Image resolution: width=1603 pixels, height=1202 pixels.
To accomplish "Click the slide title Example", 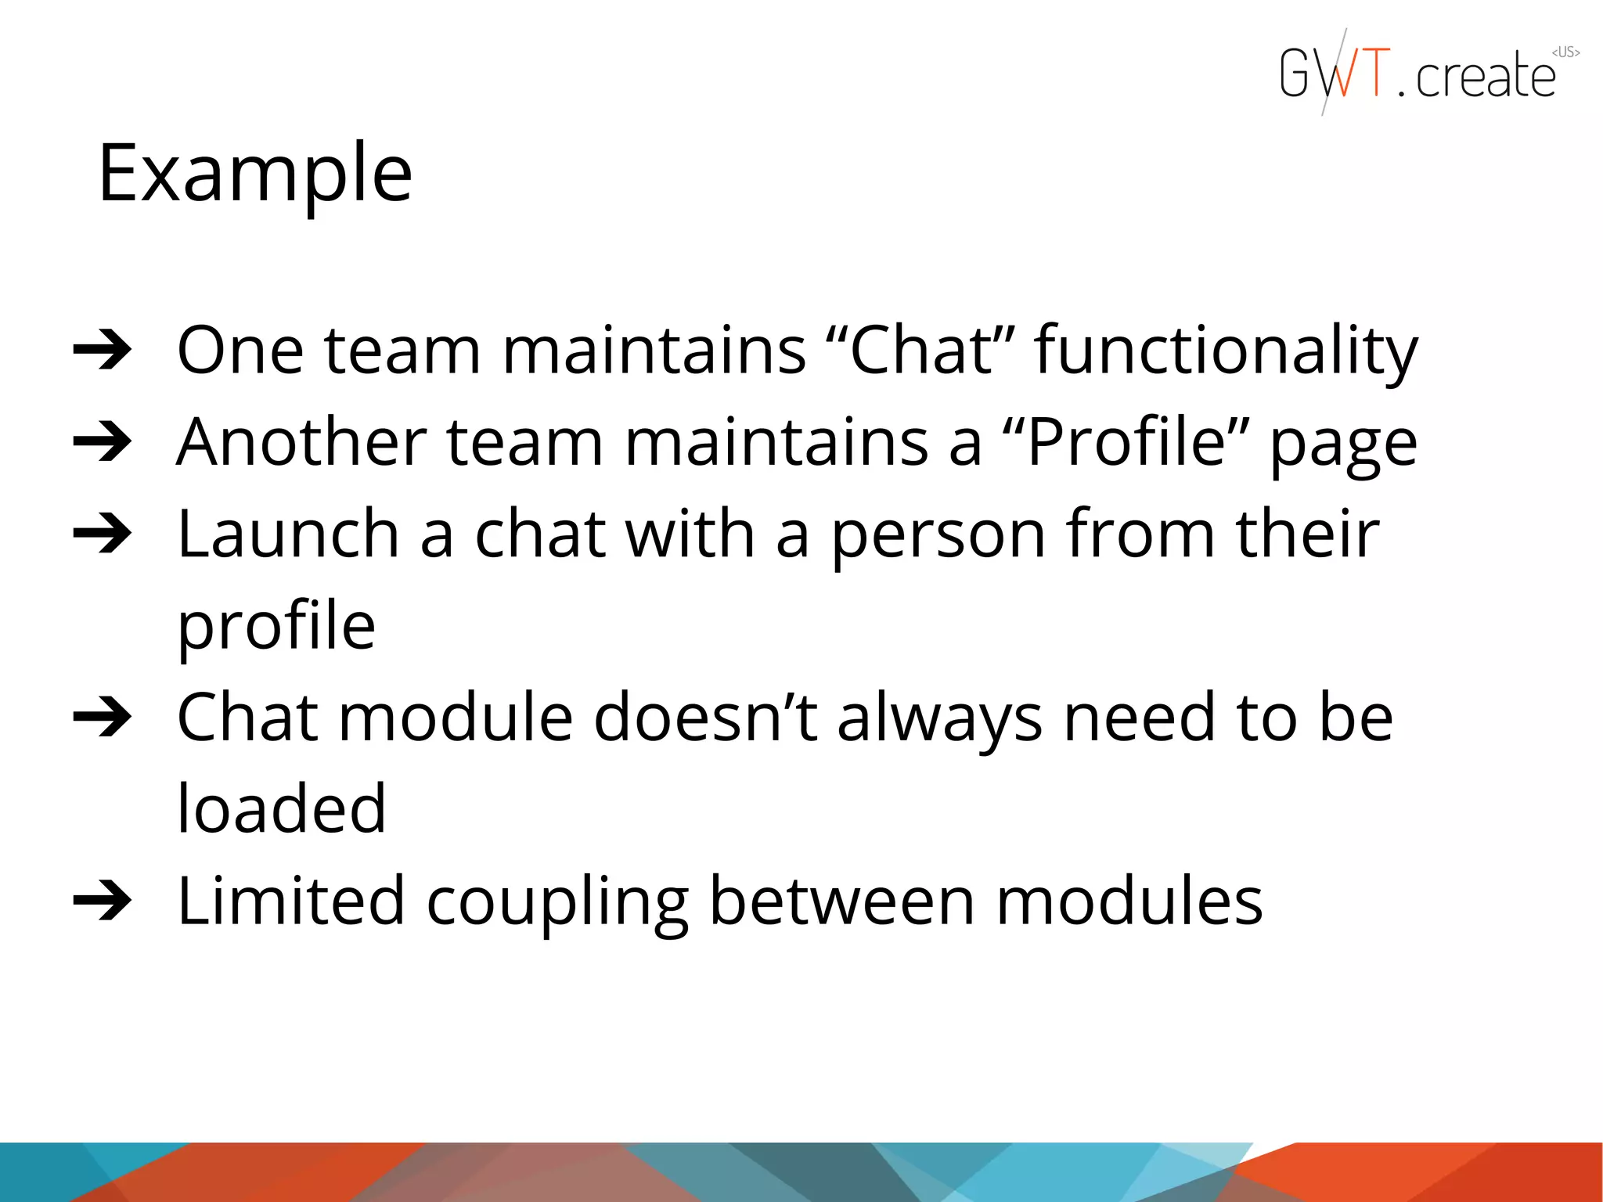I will pos(254,174).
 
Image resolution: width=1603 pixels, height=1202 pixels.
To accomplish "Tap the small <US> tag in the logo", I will pos(1565,52).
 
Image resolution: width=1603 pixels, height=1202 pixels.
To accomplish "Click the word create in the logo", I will pos(1485,77).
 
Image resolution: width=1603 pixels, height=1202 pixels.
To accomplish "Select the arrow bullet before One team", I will pos(103,351).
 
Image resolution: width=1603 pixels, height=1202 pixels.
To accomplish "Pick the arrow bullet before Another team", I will pos(103,442).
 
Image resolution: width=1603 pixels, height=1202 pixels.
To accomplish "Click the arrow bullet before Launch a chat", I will pos(103,534).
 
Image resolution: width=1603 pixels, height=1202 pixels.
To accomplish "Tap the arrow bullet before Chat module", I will pos(103,718).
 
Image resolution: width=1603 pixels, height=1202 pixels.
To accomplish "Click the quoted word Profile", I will pos(1126,442).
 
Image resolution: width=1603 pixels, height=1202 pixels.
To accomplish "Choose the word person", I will pos(938,536).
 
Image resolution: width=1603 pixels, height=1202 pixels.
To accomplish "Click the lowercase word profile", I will pos(276,628).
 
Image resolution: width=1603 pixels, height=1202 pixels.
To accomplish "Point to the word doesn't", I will pos(705,717).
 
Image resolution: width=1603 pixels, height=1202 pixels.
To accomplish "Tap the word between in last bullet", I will pos(841,901).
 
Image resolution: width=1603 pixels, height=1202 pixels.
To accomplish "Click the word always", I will pos(939,720).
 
